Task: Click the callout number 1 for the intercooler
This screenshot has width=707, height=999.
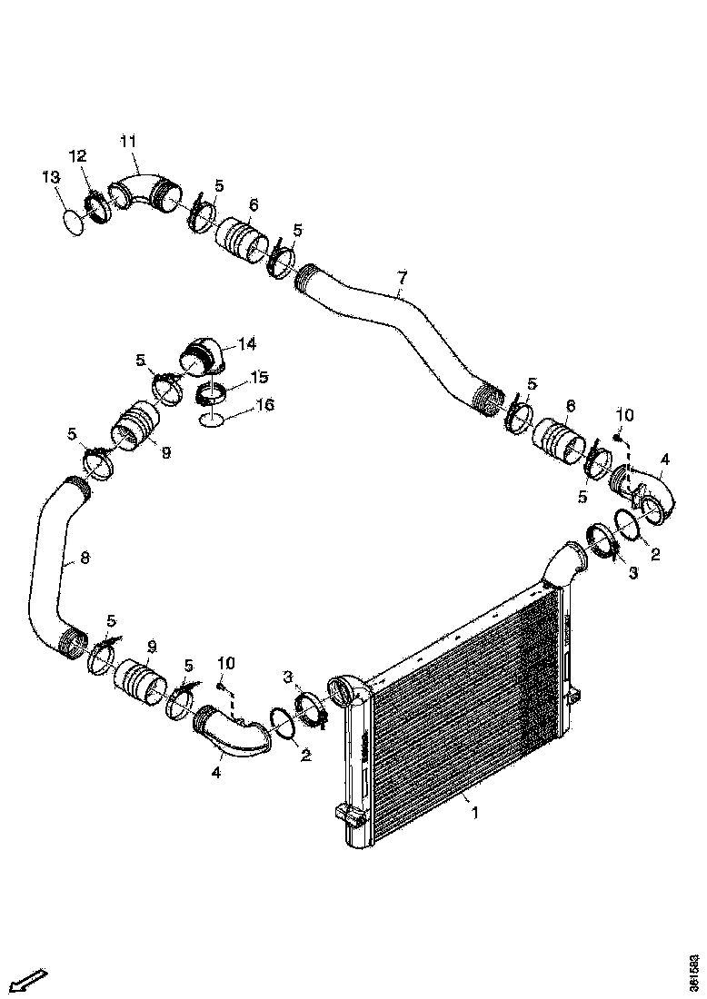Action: click(473, 813)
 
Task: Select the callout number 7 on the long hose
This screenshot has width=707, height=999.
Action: click(401, 276)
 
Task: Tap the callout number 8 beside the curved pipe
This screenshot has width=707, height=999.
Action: click(85, 558)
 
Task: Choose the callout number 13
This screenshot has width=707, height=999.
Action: click(51, 176)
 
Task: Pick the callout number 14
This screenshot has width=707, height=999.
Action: click(247, 344)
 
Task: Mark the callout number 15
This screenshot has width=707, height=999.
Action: click(260, 376)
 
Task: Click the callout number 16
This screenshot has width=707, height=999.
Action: click(264, 404)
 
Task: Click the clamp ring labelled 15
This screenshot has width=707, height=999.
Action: click(213, 394)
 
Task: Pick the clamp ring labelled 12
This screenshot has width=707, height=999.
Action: click(97, 204)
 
